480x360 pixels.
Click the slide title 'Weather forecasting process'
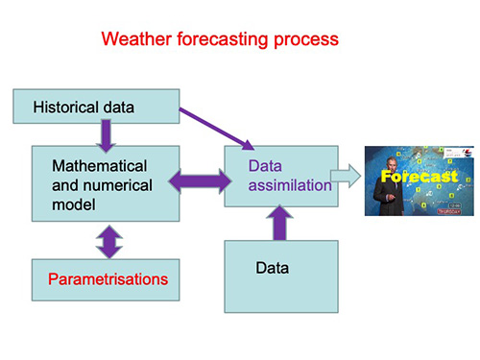(220, 40)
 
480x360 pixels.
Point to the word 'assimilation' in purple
(290, 185)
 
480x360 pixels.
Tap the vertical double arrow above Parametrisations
(108, 238)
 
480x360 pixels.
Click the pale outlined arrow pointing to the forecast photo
(344, 176)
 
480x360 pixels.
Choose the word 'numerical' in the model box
(113, 184)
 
